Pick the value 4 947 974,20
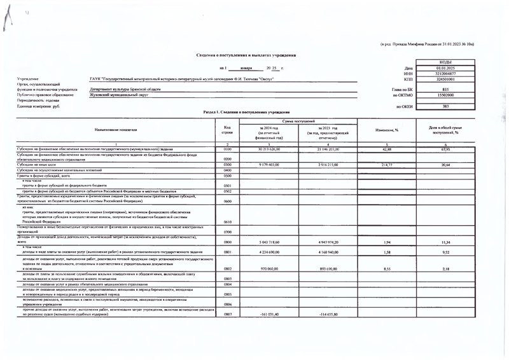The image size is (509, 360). click(326, 242)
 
